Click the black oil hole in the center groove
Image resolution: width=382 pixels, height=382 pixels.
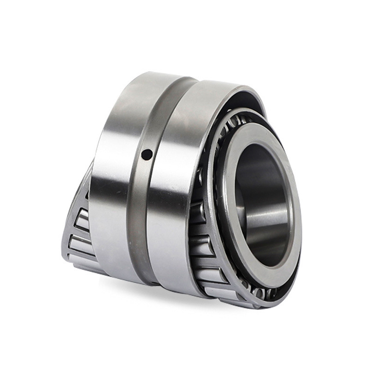pos(147,154)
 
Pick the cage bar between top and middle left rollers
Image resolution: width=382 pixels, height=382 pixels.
pos(79,232)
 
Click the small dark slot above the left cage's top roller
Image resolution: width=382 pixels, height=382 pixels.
pos(86,195)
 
